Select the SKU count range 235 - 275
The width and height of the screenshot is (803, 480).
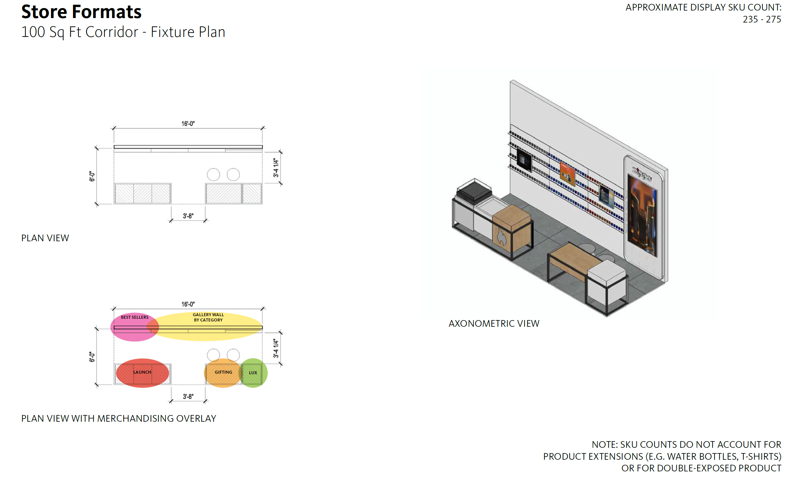(x=762, y=19)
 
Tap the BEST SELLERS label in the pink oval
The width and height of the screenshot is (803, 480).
(x=135, y=317)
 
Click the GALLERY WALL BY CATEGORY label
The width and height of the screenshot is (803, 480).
(x=208, y=317)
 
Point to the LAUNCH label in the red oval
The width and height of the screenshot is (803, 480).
(x=142, y=372)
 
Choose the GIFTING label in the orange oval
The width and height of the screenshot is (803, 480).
(x=223, y=372)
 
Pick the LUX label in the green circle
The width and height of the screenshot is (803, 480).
(x=253, y=373)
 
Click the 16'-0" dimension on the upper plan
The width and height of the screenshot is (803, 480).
(x=188, y=124)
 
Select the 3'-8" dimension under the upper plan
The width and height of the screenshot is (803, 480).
(x=188, y=216)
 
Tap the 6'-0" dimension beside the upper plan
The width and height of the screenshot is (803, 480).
(x=92, y=176)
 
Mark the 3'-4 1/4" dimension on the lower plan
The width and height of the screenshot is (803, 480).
(x=276, y=348)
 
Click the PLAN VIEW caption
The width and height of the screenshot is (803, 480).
(x=45, y=238)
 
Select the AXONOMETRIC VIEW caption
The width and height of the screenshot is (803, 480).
(x=494, y=323)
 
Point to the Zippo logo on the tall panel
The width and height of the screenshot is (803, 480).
(x=642, y=174)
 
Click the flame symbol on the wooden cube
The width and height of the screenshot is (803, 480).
(x=501, y=237)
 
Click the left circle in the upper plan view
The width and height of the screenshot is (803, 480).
(x=213, y=175)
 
